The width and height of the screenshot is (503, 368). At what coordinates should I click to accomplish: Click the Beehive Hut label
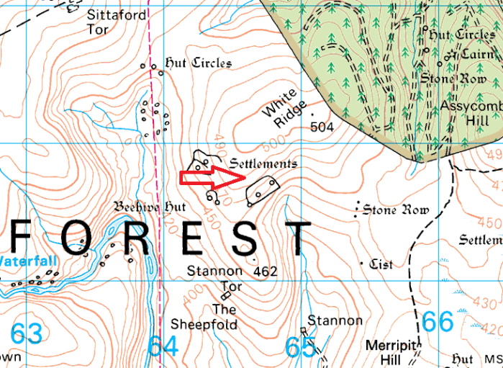pos(150,207)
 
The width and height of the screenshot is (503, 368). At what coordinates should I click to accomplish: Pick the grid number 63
pos(27,334)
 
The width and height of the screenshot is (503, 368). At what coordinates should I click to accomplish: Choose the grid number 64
pos(163,346)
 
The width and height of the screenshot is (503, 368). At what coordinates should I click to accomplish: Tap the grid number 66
pos(438,322)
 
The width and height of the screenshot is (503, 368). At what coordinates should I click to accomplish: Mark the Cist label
pos(381,264)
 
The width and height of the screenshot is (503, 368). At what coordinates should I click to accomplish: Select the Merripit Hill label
pos(391,352)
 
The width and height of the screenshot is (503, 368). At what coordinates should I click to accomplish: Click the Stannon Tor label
pos(214,279)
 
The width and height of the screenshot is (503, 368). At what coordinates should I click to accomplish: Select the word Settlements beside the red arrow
pos(263,164)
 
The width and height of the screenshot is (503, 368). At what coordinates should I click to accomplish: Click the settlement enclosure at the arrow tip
pos(260,189)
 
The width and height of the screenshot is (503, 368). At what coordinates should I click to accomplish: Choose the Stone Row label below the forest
pos(396,210)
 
